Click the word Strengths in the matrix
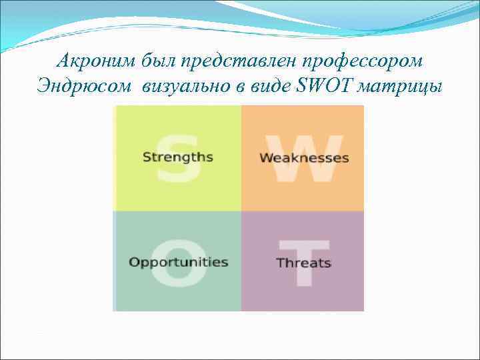click(x=178, y=157)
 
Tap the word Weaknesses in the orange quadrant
click(x=304, y=158)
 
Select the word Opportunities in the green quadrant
click(x=178, y=262)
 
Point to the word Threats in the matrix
click(x=304, y=263)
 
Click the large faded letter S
click(x=178, y=160)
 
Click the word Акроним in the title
click(x=96, y=61)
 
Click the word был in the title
click(x=158, y=61)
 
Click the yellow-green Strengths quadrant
click(x=178, y=187)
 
